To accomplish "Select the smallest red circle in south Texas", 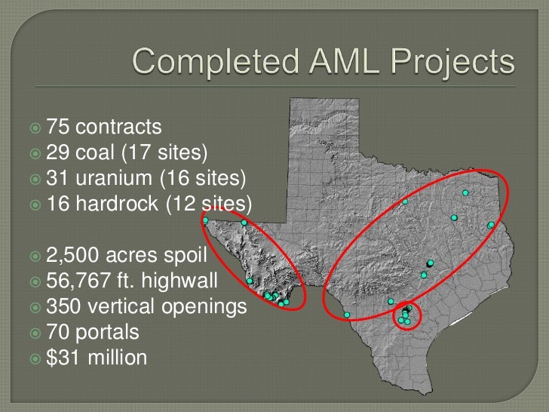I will coord(408,316).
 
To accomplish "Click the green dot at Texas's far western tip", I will coord(205,220).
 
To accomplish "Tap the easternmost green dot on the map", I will coord(491,225).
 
